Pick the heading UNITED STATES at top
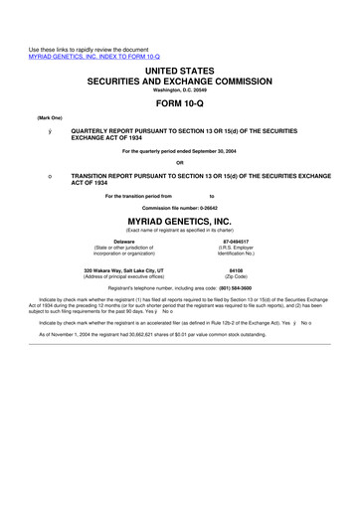[180, 60]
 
